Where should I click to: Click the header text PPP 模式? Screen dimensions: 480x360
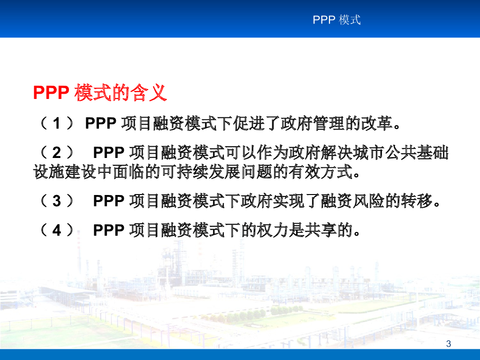point(337,20)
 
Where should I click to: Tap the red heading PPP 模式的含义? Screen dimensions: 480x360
point(100,92)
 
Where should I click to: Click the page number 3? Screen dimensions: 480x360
point(449,344)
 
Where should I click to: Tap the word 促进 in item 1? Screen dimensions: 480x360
point(249,123)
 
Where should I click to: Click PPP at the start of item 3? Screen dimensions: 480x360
point(108,201)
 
